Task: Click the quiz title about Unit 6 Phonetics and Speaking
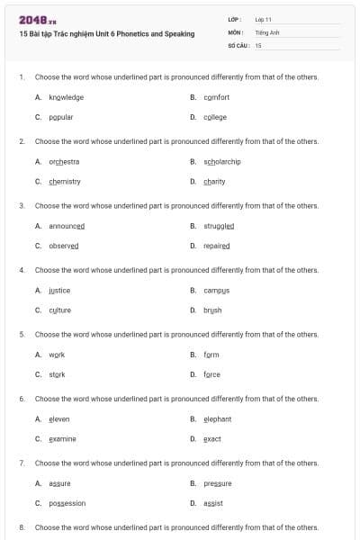pyautogui.click(x=106, y=33)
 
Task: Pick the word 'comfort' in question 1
pyautogui.click(x=217, y=97)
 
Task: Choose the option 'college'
pyautogui.click(x=215, y=117)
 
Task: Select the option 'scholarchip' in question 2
pyautogui.click(x=222, y=162)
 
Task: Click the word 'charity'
pyautogui.click(x=214, y=181)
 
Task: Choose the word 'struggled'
pyautogui.click(x=219, y=226)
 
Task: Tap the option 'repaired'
pyautogui.click(x=217, y=246)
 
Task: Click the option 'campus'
pyautogui.click(x=217, y=291)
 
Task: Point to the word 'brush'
pyautogui.click(x=212, y=310)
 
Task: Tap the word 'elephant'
pyautogui.click(x=218, y=418)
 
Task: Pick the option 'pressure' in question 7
pyautogui.click(x=218, y=483)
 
